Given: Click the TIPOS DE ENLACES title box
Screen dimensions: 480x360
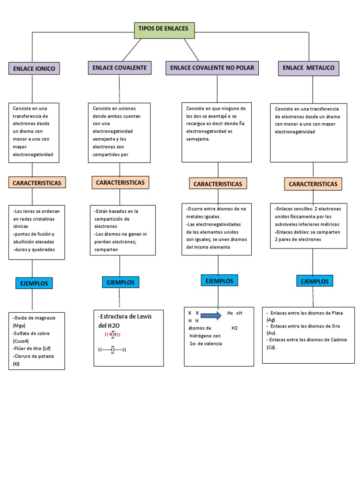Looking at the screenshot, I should coord(164,29).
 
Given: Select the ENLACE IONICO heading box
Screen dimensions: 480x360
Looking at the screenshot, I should coord(34,69).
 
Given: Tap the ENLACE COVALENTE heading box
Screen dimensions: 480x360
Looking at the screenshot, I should coord(120,68).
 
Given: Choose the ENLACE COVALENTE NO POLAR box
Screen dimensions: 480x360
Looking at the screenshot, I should coord(212,68).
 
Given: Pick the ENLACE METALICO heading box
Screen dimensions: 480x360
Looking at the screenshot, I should coord(308,68).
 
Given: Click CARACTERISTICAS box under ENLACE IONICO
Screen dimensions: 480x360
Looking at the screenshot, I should coord(37,183).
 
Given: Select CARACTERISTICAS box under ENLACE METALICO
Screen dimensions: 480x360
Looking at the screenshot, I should coord(313,184).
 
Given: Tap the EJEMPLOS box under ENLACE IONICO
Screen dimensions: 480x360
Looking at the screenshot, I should coord(34,283).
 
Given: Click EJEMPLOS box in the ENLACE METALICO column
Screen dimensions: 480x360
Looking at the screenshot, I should coord(315,281).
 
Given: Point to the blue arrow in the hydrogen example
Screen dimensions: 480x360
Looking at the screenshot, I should coord(211,315).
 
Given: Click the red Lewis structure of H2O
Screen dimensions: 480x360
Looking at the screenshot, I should coord(112,334).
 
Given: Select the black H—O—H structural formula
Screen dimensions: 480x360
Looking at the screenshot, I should coord(112,350).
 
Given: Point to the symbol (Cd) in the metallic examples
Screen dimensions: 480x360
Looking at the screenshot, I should coord(271,347).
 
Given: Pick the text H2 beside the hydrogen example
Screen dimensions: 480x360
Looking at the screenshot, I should coord(234,328).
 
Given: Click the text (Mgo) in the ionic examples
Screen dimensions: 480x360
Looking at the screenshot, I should coord(19,325).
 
